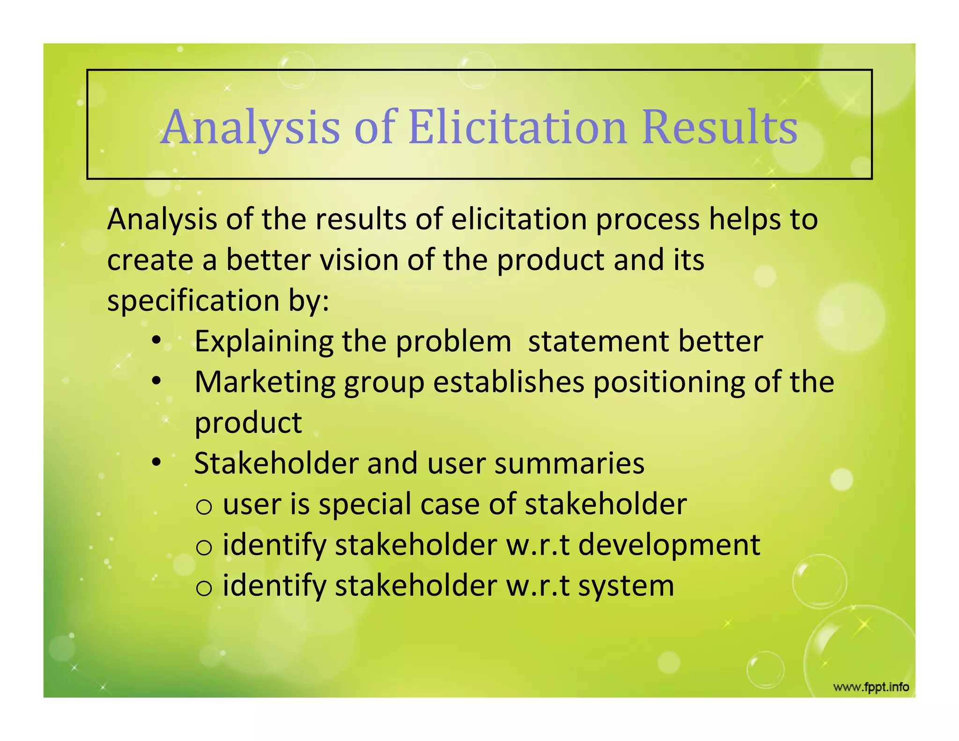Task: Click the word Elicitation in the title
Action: (517, 127)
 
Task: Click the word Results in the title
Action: (720, 127)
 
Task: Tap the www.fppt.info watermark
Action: (871, 687)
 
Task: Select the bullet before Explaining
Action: (156, 341)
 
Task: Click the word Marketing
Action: (265, 382)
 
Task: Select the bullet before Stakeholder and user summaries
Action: (156, 463)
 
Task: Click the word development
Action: (669, 546)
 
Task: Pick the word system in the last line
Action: (626, 586)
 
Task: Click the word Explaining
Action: (264, 342)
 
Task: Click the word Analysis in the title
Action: (251, 127)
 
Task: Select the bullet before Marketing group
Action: (156, 381)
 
